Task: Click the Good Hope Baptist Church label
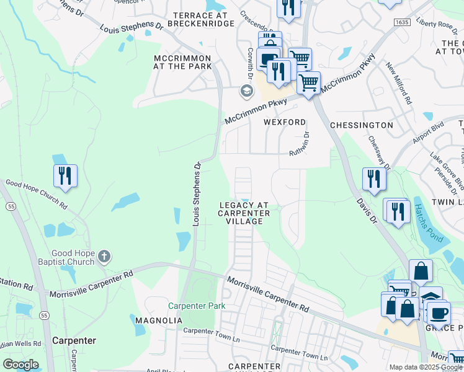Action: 74,257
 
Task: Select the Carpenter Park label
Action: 197,306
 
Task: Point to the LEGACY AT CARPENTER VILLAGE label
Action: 244,213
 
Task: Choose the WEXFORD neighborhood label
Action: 285,122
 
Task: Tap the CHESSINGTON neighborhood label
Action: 362,125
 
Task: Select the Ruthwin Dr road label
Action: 300,144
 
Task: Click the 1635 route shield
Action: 401,22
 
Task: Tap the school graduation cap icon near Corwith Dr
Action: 246,92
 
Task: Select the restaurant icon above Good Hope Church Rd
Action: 65,175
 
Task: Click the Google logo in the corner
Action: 21,365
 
